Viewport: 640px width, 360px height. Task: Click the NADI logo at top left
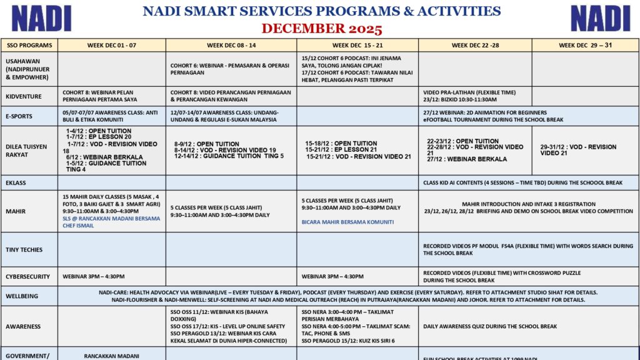pyautogui.click(x=42, y=18)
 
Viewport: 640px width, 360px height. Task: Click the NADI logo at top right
pyautogui.click(x=600, y=18)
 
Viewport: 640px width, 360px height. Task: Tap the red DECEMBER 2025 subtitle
pyautogui.click(x=321, y=29)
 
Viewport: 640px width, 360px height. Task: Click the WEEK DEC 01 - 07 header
pyautogui.click(x=111, y=45)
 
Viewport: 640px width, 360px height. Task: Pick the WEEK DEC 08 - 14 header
pyautogui.click(x=231, y=45)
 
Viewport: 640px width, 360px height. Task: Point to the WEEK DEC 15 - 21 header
pyautogui.click(x=357, y=45)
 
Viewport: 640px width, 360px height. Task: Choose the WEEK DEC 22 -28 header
pyautogui.click(x=475, y=45)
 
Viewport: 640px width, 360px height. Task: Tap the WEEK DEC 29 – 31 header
pyautogui.click(x=586, y=45)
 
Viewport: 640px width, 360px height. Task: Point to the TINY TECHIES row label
pyautogui.click(x=24, y=249)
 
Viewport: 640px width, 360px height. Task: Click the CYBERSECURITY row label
pyautogui.click(x=27, y=276)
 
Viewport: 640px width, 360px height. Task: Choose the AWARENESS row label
pyautogui.click(x=23, y=326)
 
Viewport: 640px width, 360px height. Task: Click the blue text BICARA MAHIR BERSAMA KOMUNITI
pyautogui.click(x=347, y=222)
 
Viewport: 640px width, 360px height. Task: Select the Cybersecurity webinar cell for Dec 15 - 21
pyautogui.click(x=332, y=276)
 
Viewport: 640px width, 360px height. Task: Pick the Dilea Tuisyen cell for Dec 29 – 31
pyautogui.click(x=578, y=150)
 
